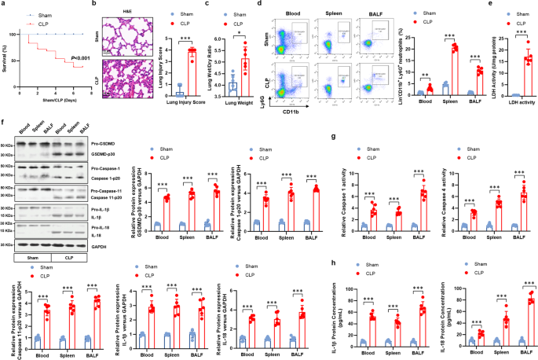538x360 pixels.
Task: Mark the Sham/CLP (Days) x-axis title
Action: (x=59, y=112)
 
